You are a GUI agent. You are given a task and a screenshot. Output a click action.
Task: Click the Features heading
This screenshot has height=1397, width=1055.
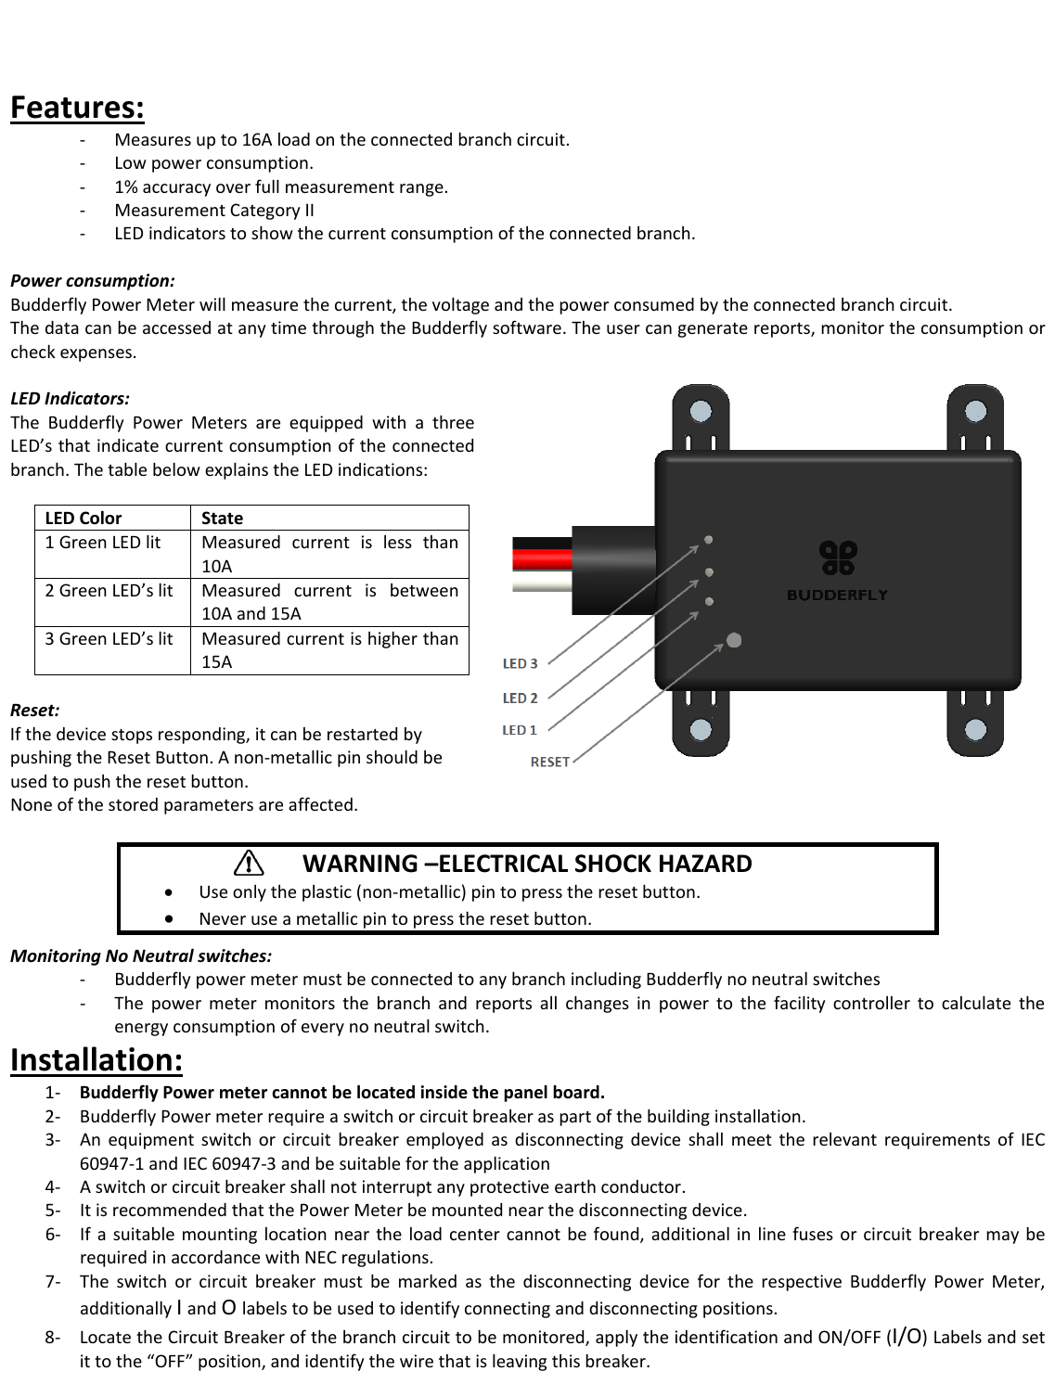[x=77, y=109]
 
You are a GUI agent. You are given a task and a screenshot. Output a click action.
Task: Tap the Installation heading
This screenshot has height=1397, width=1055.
[x=96, y=1059]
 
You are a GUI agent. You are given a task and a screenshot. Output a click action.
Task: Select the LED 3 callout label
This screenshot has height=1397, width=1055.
[x=520, y=663]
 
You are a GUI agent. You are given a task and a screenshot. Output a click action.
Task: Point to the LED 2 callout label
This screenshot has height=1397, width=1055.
[x=520, y=698]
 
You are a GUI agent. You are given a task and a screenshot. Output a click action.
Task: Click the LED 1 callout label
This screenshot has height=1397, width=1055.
[x=520, y=730]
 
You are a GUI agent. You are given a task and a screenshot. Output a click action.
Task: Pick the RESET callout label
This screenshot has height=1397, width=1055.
[x=549, y=762]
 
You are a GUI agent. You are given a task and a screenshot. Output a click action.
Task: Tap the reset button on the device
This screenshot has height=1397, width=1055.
[x=734, y=639]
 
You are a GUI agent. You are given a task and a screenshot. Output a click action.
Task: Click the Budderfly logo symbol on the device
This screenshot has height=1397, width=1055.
[x=837, y=557]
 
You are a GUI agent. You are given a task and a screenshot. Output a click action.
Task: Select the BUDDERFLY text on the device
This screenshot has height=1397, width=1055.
[x=837, y=596]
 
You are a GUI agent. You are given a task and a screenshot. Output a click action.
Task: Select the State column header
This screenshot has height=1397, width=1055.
[x=222, y=518]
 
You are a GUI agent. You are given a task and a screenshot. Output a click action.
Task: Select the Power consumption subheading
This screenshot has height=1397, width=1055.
[x=92, y=280]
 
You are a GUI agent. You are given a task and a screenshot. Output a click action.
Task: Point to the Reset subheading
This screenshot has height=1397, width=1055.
[x=34, y=711]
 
